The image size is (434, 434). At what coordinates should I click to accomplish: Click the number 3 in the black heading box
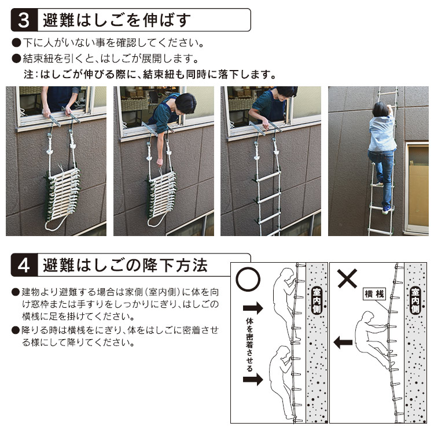point(24,20)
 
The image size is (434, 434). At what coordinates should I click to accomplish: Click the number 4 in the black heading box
point(24,265)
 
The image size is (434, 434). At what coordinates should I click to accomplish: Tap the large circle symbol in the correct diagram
point(248,279)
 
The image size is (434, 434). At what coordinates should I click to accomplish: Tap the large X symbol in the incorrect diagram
point(347,279)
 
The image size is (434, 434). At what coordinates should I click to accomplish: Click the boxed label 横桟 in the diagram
point(374,294)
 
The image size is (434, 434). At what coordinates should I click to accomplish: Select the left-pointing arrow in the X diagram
point(343,343)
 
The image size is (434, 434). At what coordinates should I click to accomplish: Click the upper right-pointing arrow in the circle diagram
point(253,308)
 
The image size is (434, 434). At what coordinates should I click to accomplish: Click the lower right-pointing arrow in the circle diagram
point(253,379)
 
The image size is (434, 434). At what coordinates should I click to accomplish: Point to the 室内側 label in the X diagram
point(415,300)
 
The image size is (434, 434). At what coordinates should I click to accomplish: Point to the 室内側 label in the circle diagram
point(316,300)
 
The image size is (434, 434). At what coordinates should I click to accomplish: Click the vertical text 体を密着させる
point(249,345)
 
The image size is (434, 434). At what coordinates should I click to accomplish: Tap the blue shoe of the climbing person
point(387,210)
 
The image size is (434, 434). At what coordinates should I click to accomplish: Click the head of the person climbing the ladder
point(380,109)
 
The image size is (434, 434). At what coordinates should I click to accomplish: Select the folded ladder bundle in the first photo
point(63,196)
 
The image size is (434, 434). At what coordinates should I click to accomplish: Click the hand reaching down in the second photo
point(160,162)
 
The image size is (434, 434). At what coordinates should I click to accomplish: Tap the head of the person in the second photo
point(185,103)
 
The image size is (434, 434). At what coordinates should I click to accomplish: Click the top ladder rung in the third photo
point(268,177)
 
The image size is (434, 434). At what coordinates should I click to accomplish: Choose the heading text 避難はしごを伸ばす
point(117,20)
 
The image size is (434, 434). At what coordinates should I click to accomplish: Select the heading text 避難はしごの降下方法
point(125,265)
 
